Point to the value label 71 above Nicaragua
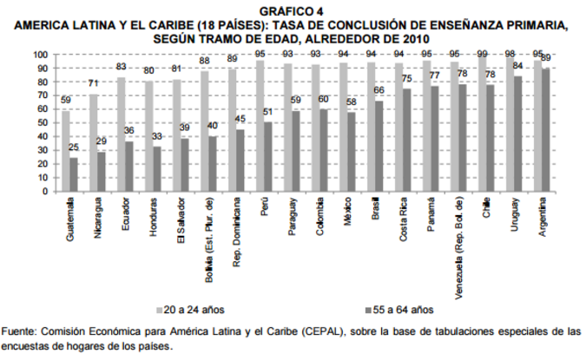tap(92, 83)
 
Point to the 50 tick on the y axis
tap(41, 122)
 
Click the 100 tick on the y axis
tap(38, 54)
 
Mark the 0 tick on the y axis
tap(43, 190)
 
